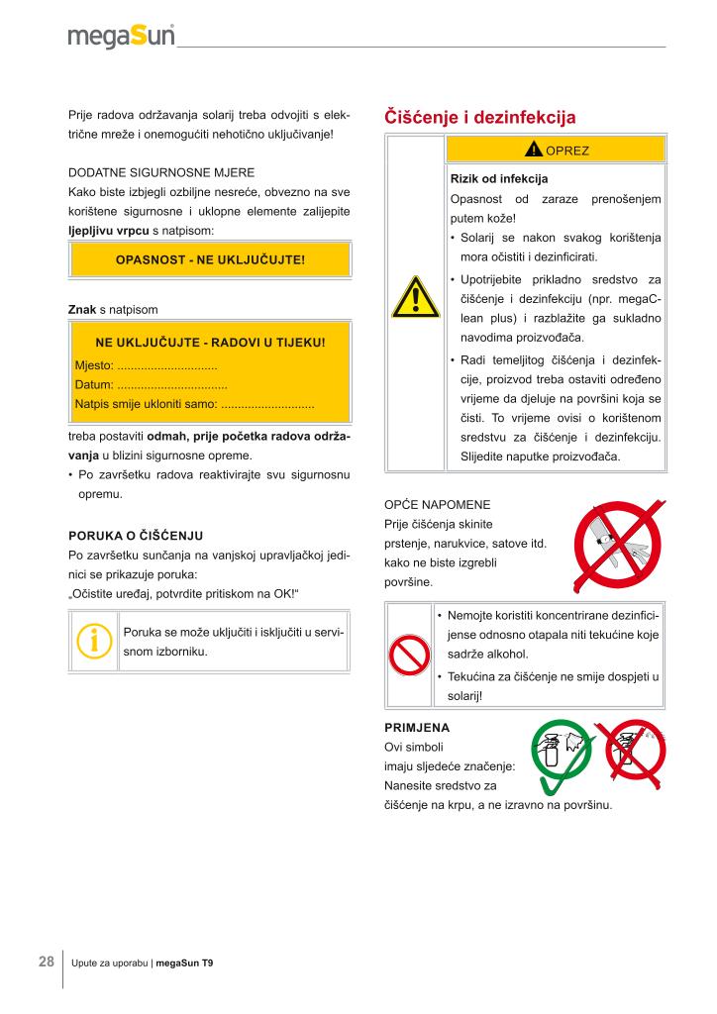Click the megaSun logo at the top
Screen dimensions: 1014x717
(x=121, y=37)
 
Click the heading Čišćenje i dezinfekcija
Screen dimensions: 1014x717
(x=479, y=118)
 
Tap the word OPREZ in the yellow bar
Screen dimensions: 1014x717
(x=566, y=151)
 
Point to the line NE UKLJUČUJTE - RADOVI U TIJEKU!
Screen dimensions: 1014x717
(x=210, y=344)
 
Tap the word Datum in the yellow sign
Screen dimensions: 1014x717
(x=92, y=384)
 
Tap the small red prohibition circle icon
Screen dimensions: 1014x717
(x=406, y=654)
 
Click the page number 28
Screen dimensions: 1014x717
(x=47, y=962)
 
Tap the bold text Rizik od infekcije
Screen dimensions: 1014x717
(x=499, y=179)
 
